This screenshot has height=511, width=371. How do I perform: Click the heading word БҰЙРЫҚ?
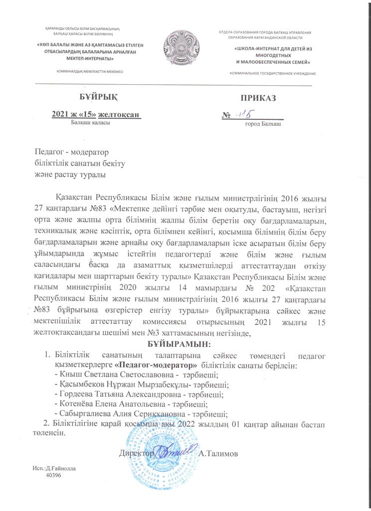(x=93, y=96)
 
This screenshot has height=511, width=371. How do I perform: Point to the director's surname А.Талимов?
(x=218, y=454)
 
